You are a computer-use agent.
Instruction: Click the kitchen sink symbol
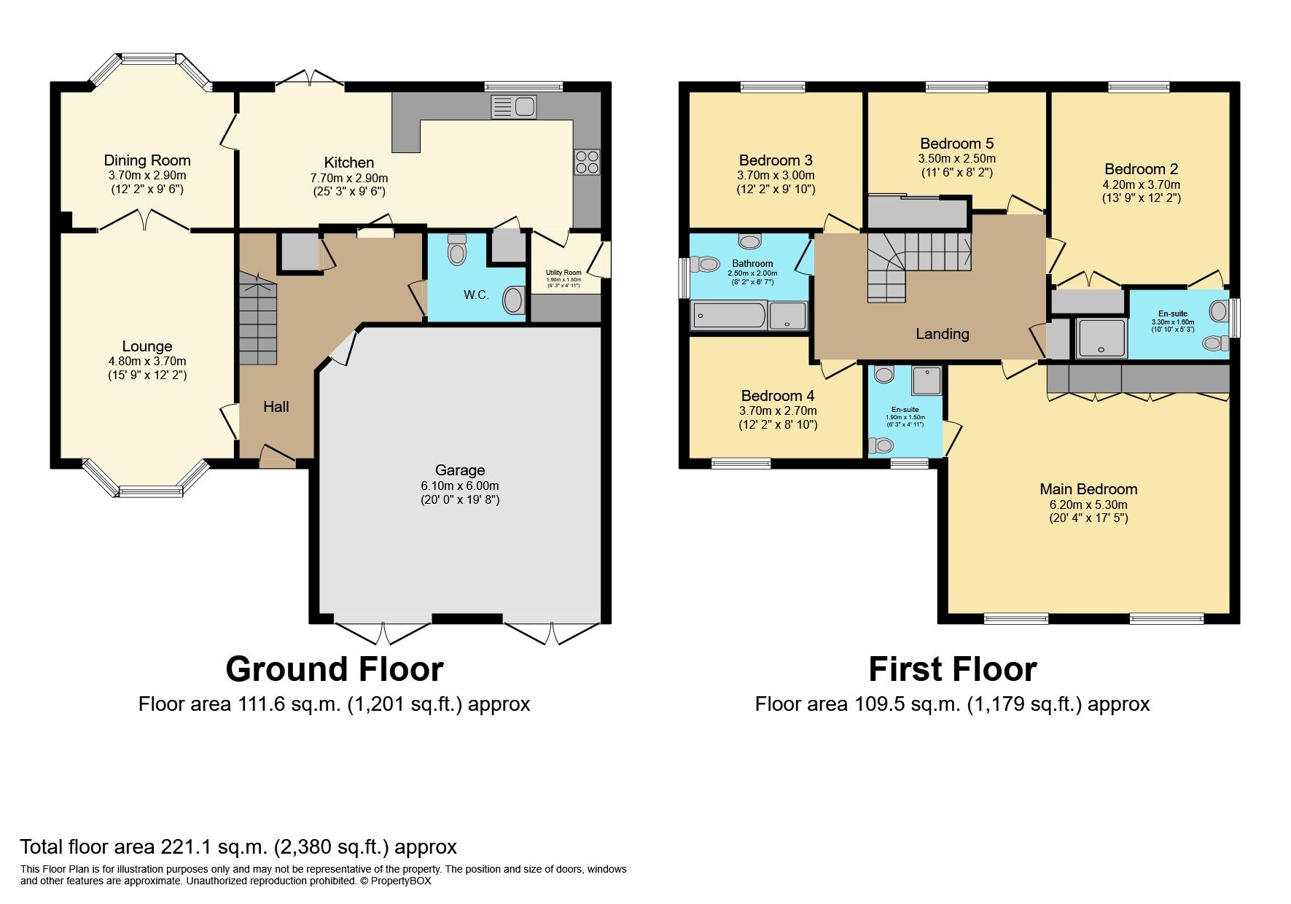pyautogui.click(x=514, y=107)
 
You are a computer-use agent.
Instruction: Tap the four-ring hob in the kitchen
pyautogui.click(x=587, y=162)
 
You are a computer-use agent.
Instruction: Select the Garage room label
pyautogui.click(x=460, y=470)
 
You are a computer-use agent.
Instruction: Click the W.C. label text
pyautogui.click(x=476, y=295)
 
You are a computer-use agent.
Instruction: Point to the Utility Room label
pyautogui.click(x=563, y=273)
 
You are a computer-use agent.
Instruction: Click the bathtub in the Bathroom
pyautogui.click(x=728, y=316)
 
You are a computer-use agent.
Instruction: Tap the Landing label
pyautogui.click(x=942, y=334)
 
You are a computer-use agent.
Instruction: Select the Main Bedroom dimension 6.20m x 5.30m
pyautogui.click(x=1088, y=504)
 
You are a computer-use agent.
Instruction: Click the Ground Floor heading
pyautogui.click(x=334, y=669)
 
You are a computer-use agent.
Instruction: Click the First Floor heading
pyautogui.click(x=952, y=669)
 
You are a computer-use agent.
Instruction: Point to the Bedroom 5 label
pyautogui.click(x=956, y=143)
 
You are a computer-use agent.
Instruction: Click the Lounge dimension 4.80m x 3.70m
pyautogui.click(x=147, y=361)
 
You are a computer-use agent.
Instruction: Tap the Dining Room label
pyautogui.click(x=147, y=160)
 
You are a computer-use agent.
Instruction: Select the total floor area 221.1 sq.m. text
pyautogui.click(x=238, y=847)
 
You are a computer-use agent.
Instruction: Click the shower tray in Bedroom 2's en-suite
pyautogui.click(x=1101, y=338)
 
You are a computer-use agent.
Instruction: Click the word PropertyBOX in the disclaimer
pyautogui.click(x=401, y=881)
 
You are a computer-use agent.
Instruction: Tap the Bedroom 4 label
pyautogui.click(x=777, y=396)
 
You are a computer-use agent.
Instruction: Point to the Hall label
pyautogui.click(x=276, y=407)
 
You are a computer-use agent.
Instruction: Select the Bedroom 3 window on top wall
pyautogui.click(x=773, y=87)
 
